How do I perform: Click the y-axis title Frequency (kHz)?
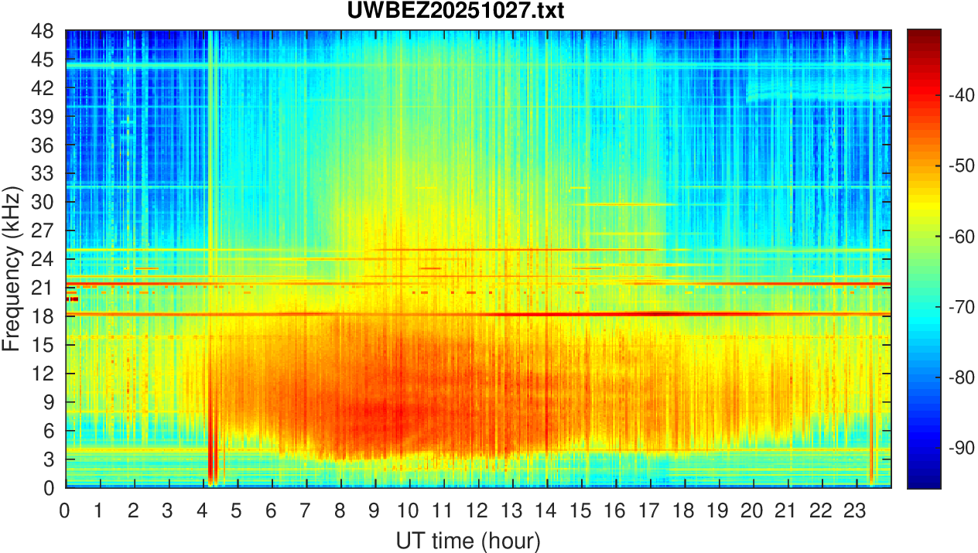click(12, 268)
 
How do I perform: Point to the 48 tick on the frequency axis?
click(43, 31)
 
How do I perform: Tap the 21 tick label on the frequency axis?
click(43, 288)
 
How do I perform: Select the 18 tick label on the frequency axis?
click(43, 316)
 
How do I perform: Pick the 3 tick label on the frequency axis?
click(48, 459)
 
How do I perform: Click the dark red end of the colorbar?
click(924, 34)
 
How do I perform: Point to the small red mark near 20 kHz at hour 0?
click(72, 299)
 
